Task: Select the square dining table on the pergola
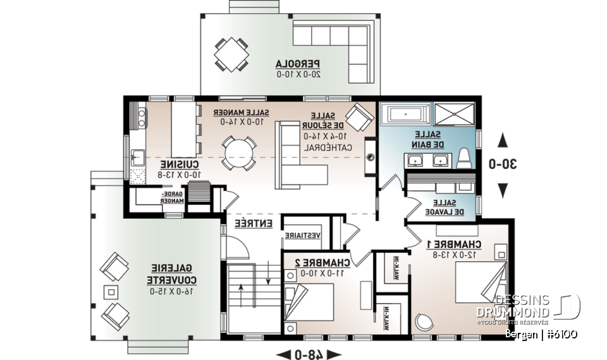pos(231,54)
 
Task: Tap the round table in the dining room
pos(239,154)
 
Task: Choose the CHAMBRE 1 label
pos(453,244)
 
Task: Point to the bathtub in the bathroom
pos(407,115)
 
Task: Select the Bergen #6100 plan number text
pos(541,334)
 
